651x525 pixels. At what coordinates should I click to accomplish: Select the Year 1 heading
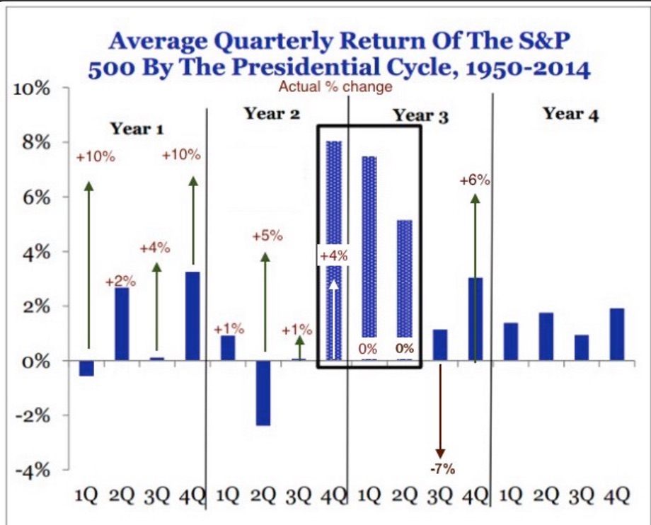137,129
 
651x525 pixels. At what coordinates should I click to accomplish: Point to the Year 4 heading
570,114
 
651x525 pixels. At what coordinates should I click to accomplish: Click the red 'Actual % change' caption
335,88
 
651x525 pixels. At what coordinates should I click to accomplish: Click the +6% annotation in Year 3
474,180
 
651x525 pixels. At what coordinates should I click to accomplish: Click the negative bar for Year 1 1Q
86,368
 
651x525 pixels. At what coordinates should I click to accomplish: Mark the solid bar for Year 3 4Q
476,318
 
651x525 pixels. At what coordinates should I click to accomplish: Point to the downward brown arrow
440,410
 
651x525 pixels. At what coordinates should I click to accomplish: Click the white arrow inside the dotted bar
333,318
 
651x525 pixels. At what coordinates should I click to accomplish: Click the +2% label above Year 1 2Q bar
120,282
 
